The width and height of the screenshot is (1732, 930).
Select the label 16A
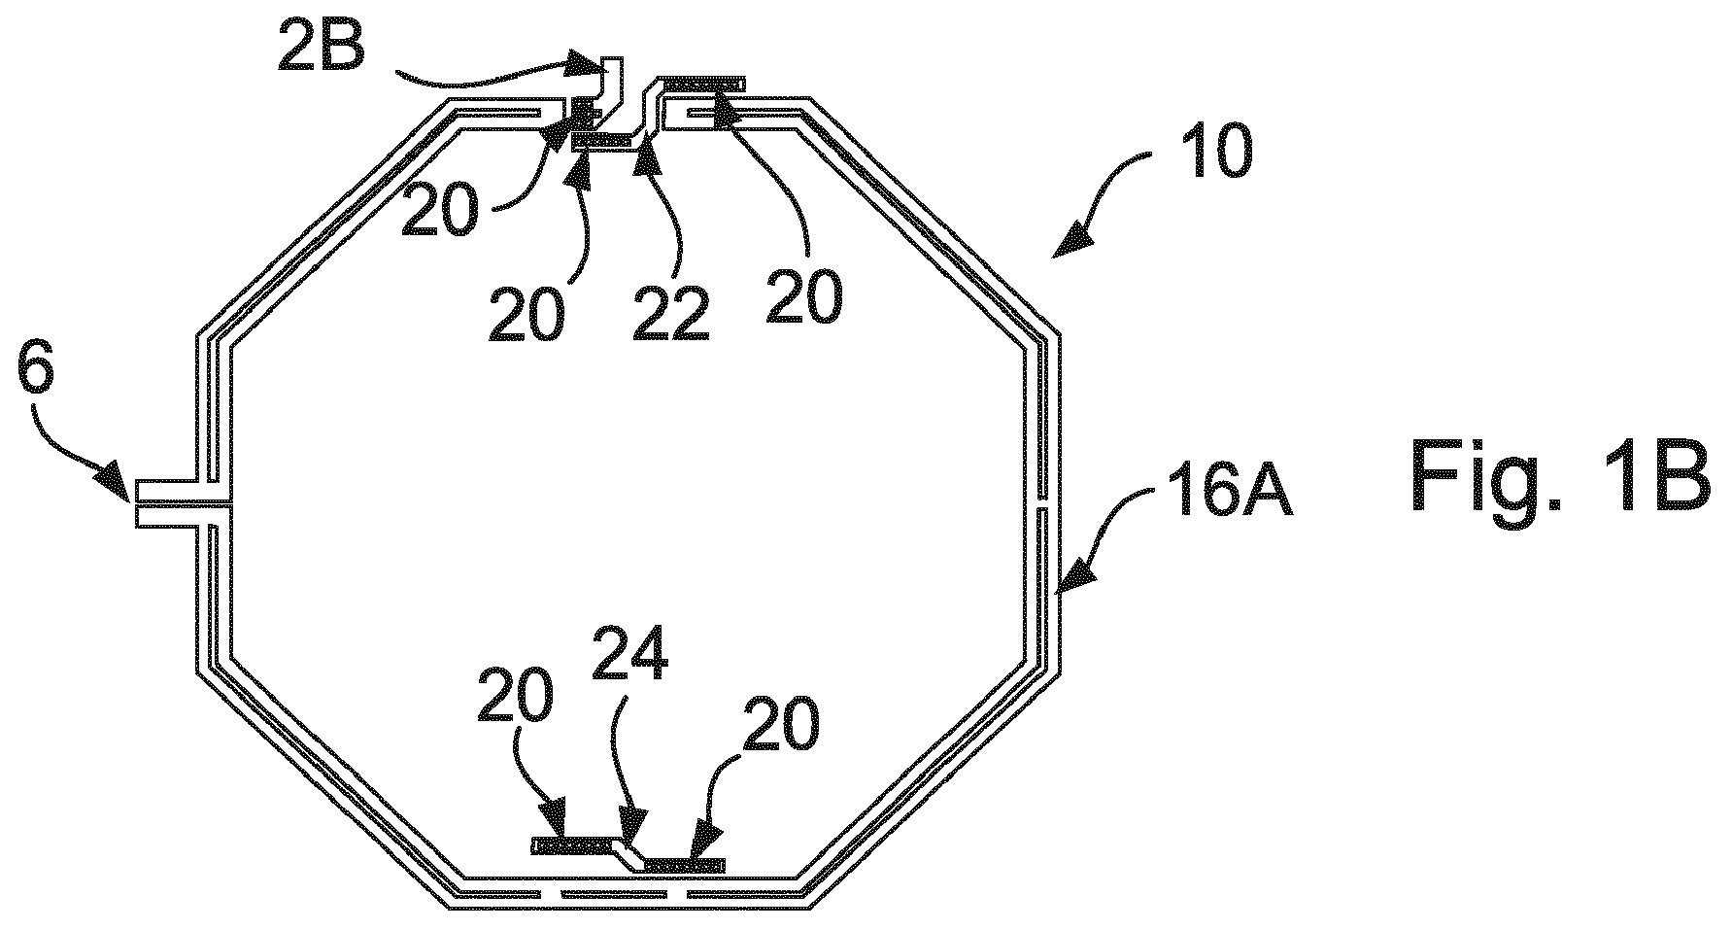(1225, 495)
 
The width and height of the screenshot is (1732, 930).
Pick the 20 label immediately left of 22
(526, 312)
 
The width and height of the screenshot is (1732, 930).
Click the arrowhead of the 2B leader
(594, 64)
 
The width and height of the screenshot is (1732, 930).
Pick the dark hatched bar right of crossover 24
(685, 864)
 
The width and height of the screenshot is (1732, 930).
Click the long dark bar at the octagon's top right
(701, 85)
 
